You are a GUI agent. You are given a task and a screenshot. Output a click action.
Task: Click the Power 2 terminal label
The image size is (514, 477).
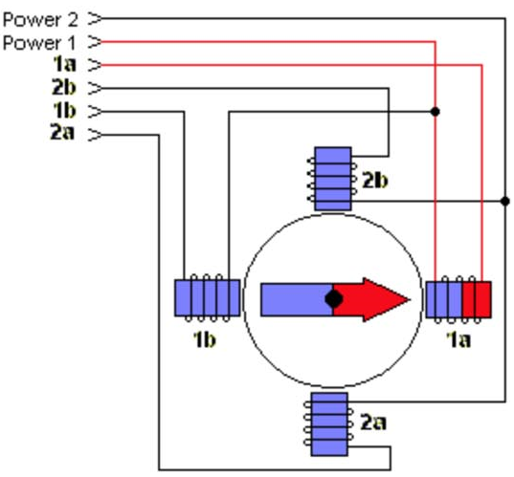(x=40, y=20)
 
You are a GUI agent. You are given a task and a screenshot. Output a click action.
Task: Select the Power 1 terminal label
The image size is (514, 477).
(x=39, y=43)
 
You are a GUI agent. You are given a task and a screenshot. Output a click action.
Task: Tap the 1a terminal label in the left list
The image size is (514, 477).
(x=64, y=64)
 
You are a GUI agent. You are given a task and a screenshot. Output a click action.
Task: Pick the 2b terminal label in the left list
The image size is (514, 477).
(x=63, y=87)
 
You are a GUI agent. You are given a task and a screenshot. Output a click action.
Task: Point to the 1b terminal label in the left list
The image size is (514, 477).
(x=64, y=110)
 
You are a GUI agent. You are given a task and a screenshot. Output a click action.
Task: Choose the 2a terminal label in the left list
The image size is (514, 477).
(x=62, y=132)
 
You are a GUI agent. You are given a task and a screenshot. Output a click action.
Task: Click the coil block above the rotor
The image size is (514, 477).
(x=333, y=179)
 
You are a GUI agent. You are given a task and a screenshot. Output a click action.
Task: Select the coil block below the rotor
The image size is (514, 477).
(x=329, y=424)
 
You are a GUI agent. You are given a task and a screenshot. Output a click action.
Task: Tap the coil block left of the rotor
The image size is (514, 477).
(x=207, y=297)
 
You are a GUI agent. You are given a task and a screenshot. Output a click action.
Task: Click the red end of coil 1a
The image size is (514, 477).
(x=477, y=299)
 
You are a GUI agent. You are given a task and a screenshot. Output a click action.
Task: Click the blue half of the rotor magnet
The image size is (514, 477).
(x=297, y=299)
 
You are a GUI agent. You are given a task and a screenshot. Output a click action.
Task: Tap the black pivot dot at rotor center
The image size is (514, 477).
(x=334, y=299)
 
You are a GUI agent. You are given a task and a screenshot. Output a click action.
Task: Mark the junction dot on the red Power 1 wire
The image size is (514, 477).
(x=435, y=112)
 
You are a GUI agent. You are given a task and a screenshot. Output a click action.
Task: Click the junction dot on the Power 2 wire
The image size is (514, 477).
(x=505, y=201)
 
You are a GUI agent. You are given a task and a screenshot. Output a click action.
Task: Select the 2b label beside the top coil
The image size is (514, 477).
(x=374, y=180)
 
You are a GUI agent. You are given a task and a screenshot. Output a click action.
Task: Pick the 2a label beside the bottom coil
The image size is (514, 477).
(x=373, y=422)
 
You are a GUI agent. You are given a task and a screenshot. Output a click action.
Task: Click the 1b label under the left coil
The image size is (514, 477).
(x=204, y=339)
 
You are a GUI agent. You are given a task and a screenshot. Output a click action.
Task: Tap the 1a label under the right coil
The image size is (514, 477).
(x=458, y=339)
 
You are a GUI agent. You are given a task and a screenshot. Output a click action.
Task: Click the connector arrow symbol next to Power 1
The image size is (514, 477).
(x=95, y=42)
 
